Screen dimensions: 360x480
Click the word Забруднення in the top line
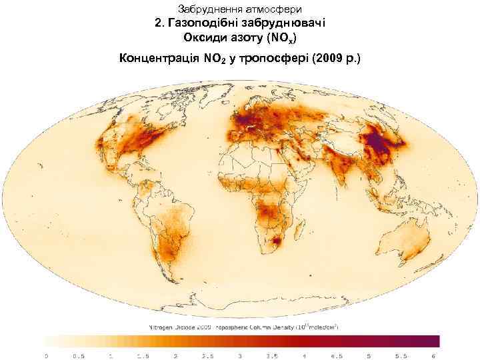[207, 9]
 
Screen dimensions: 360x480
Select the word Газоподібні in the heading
[210, 23]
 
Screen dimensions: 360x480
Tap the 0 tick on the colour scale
[46, 355]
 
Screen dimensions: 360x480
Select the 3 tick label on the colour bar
[241, 355]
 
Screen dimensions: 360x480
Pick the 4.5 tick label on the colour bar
[337, 355]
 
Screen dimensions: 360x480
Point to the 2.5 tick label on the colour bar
[208, 355]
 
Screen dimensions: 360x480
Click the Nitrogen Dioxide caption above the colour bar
[177, 327]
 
